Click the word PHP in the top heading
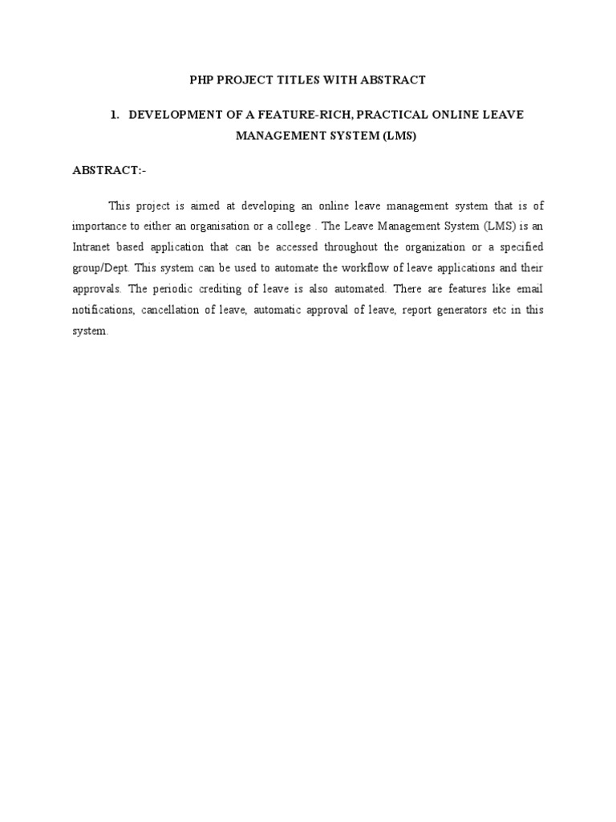tap(201, 80)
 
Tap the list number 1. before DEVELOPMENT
tap(115, 115)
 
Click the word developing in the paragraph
tap(269, 205)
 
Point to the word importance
tap(100, 226)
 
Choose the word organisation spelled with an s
tap(221, 226)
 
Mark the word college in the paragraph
tap(289, 226)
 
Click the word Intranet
tap(93, 247)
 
